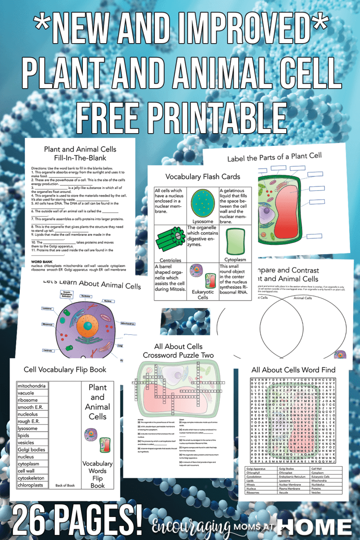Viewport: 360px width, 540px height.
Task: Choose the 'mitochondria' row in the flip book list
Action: [31, 386]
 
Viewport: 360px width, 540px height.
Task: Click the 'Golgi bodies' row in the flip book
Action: [31, 450]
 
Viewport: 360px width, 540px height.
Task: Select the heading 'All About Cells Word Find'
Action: [293, 370]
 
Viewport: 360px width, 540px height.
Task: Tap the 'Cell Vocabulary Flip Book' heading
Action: [65, 370]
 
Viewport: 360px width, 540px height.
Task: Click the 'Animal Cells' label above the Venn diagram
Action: [303, 297]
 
